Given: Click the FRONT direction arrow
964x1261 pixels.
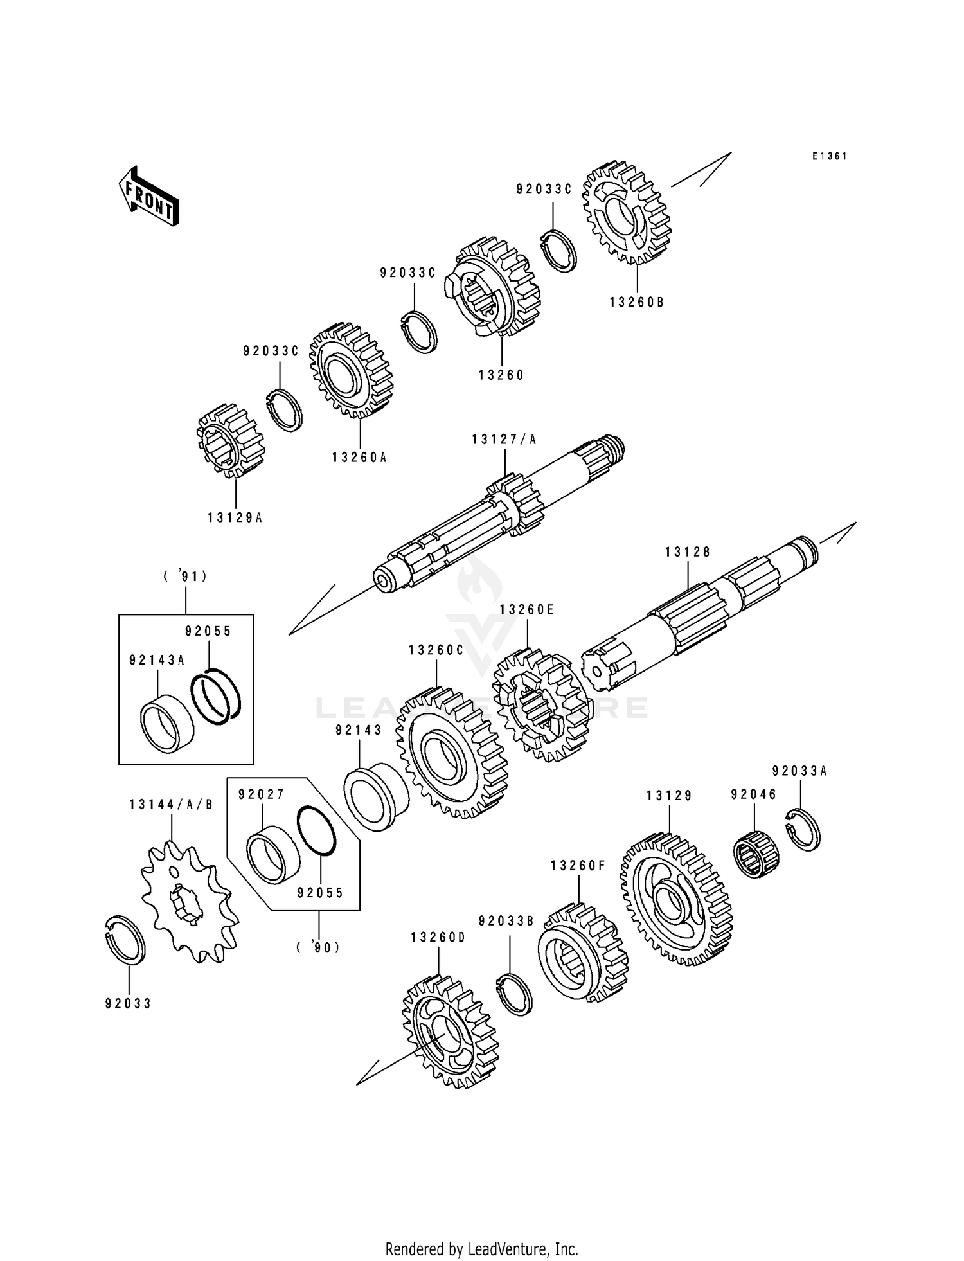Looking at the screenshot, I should pyautogui.click(x=148, y=196).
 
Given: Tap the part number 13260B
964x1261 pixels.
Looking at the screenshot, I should pyautogui.click(x=636, y=302).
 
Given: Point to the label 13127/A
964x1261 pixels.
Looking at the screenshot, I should pyautogui.click(x=504, y=440).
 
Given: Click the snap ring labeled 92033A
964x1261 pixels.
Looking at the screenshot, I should pyautogui.click(x=804, y=830).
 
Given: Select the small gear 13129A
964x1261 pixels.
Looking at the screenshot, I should pyautogui.click(x=230, y=440).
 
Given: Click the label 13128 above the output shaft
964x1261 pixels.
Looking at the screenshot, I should pyautogui.click(x=688, y=552).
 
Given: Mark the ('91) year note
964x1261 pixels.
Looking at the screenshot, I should pyautogui.click(x=185, y=577).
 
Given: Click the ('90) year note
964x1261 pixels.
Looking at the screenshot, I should pyautogui.click(x=318, y=947).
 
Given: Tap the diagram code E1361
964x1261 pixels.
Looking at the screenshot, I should pyautogui.click(x=829, y=156).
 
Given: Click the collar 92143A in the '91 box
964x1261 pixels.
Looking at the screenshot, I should pyautogui.click(x=166, y=723).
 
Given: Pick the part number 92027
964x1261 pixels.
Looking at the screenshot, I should pyautogui.click(x=261, y=794).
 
